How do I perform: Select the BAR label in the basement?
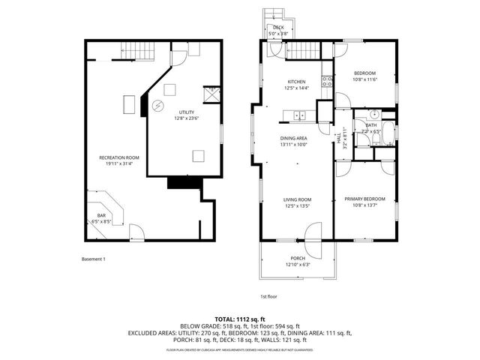[x=101, y=215]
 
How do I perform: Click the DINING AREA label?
[x=293, y=139]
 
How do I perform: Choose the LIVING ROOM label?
[x=297, y=199]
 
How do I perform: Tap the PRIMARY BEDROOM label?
[x=364, y=199]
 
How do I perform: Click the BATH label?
[x=370, y=125]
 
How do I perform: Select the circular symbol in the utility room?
[x=157, y=105]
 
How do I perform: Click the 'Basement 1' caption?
[x=94, y=259]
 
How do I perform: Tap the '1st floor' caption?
[x=269, y=296]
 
